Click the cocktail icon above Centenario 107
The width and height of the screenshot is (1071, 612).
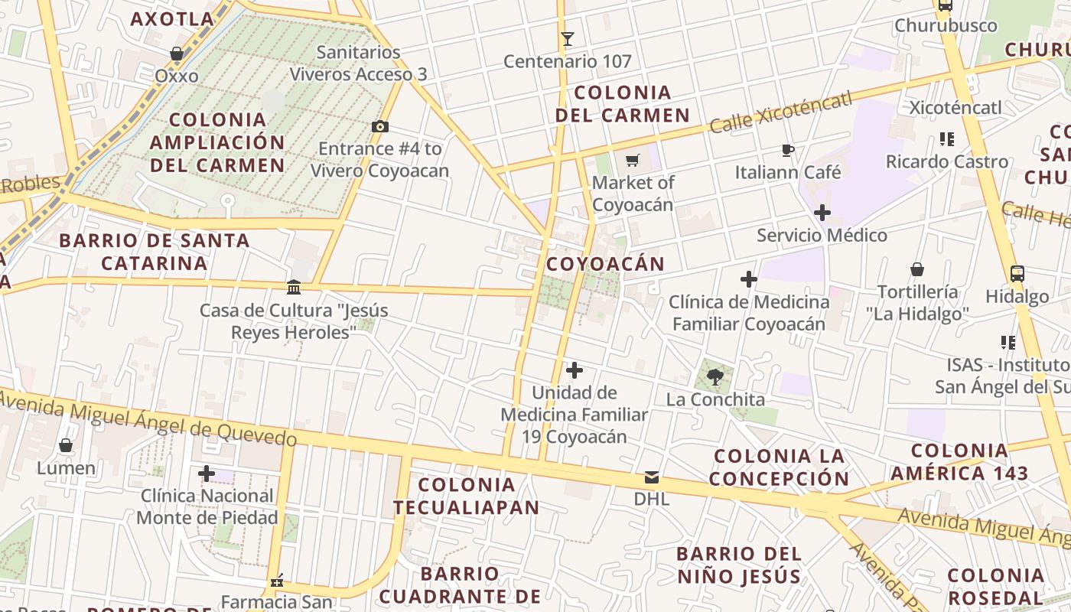click(567, 38)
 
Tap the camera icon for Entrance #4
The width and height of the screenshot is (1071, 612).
click(379, 126)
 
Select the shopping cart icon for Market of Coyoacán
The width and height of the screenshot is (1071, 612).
click(633, 160)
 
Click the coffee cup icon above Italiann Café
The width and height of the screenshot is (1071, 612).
click(788, 150)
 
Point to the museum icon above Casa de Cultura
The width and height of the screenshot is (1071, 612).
click(293, 287)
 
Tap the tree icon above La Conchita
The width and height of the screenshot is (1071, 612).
click(715, 376)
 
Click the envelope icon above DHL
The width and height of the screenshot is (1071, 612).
click(651, 477)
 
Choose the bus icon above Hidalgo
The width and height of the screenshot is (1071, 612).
click(1017, 273)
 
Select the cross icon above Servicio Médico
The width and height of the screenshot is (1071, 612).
click(822, 213)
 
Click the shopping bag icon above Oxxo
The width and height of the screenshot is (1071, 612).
click(177, 54)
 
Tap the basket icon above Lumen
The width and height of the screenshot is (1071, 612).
click(66, 444)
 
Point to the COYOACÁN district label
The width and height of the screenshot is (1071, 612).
click(605, 264)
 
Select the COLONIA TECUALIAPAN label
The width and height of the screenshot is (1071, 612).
click(467, 495)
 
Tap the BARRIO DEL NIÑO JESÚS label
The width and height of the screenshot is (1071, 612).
click(738, 565)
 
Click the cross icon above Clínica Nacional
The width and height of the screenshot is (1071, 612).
click(206, 474)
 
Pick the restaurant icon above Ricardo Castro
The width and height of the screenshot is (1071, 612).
click(946, 139)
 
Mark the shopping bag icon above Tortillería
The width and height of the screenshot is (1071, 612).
click(917, 269)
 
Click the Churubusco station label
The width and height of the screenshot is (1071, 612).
click(946, 25)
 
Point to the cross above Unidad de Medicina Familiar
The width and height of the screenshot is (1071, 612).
click(575, 371)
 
